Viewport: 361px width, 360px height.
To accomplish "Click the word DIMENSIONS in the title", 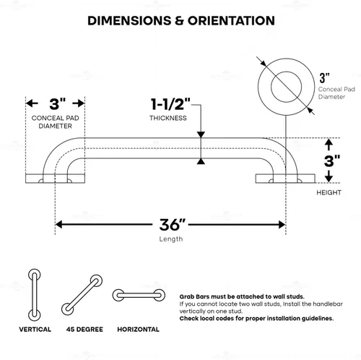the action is coord(129,21).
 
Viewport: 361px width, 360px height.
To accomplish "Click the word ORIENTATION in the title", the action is coord(231,21).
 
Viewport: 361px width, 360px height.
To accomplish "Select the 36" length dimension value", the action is coord(173,225).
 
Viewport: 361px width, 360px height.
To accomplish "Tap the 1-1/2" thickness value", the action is coord(170,104).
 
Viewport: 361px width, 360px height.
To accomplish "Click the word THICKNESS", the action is coord(168,118).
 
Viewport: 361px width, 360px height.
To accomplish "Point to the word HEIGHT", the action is coord(329,192).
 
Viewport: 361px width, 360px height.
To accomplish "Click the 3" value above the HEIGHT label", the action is coord(332,161).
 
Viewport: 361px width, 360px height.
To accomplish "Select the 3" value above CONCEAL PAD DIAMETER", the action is coord(57,104).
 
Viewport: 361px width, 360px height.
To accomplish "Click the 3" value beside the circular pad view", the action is coord(324,78).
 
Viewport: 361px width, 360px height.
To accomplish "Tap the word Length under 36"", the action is coord(171,239).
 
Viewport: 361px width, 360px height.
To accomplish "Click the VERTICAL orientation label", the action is coord(35,330).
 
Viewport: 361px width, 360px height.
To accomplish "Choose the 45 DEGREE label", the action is coord(84,330).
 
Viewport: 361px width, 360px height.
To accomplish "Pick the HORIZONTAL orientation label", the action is coord(138,330).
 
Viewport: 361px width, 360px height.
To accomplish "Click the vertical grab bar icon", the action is coord(35,295).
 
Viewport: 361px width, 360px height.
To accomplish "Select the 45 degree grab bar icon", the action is coord(82,295).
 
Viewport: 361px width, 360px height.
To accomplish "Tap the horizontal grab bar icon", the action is coord(139,295).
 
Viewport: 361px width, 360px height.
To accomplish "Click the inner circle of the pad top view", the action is coord(286,72).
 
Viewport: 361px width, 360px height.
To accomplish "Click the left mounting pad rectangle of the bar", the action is coord(55,179).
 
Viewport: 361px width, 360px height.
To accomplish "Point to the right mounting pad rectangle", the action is coord(285,179).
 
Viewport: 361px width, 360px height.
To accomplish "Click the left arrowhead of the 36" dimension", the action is coord(58,225).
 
